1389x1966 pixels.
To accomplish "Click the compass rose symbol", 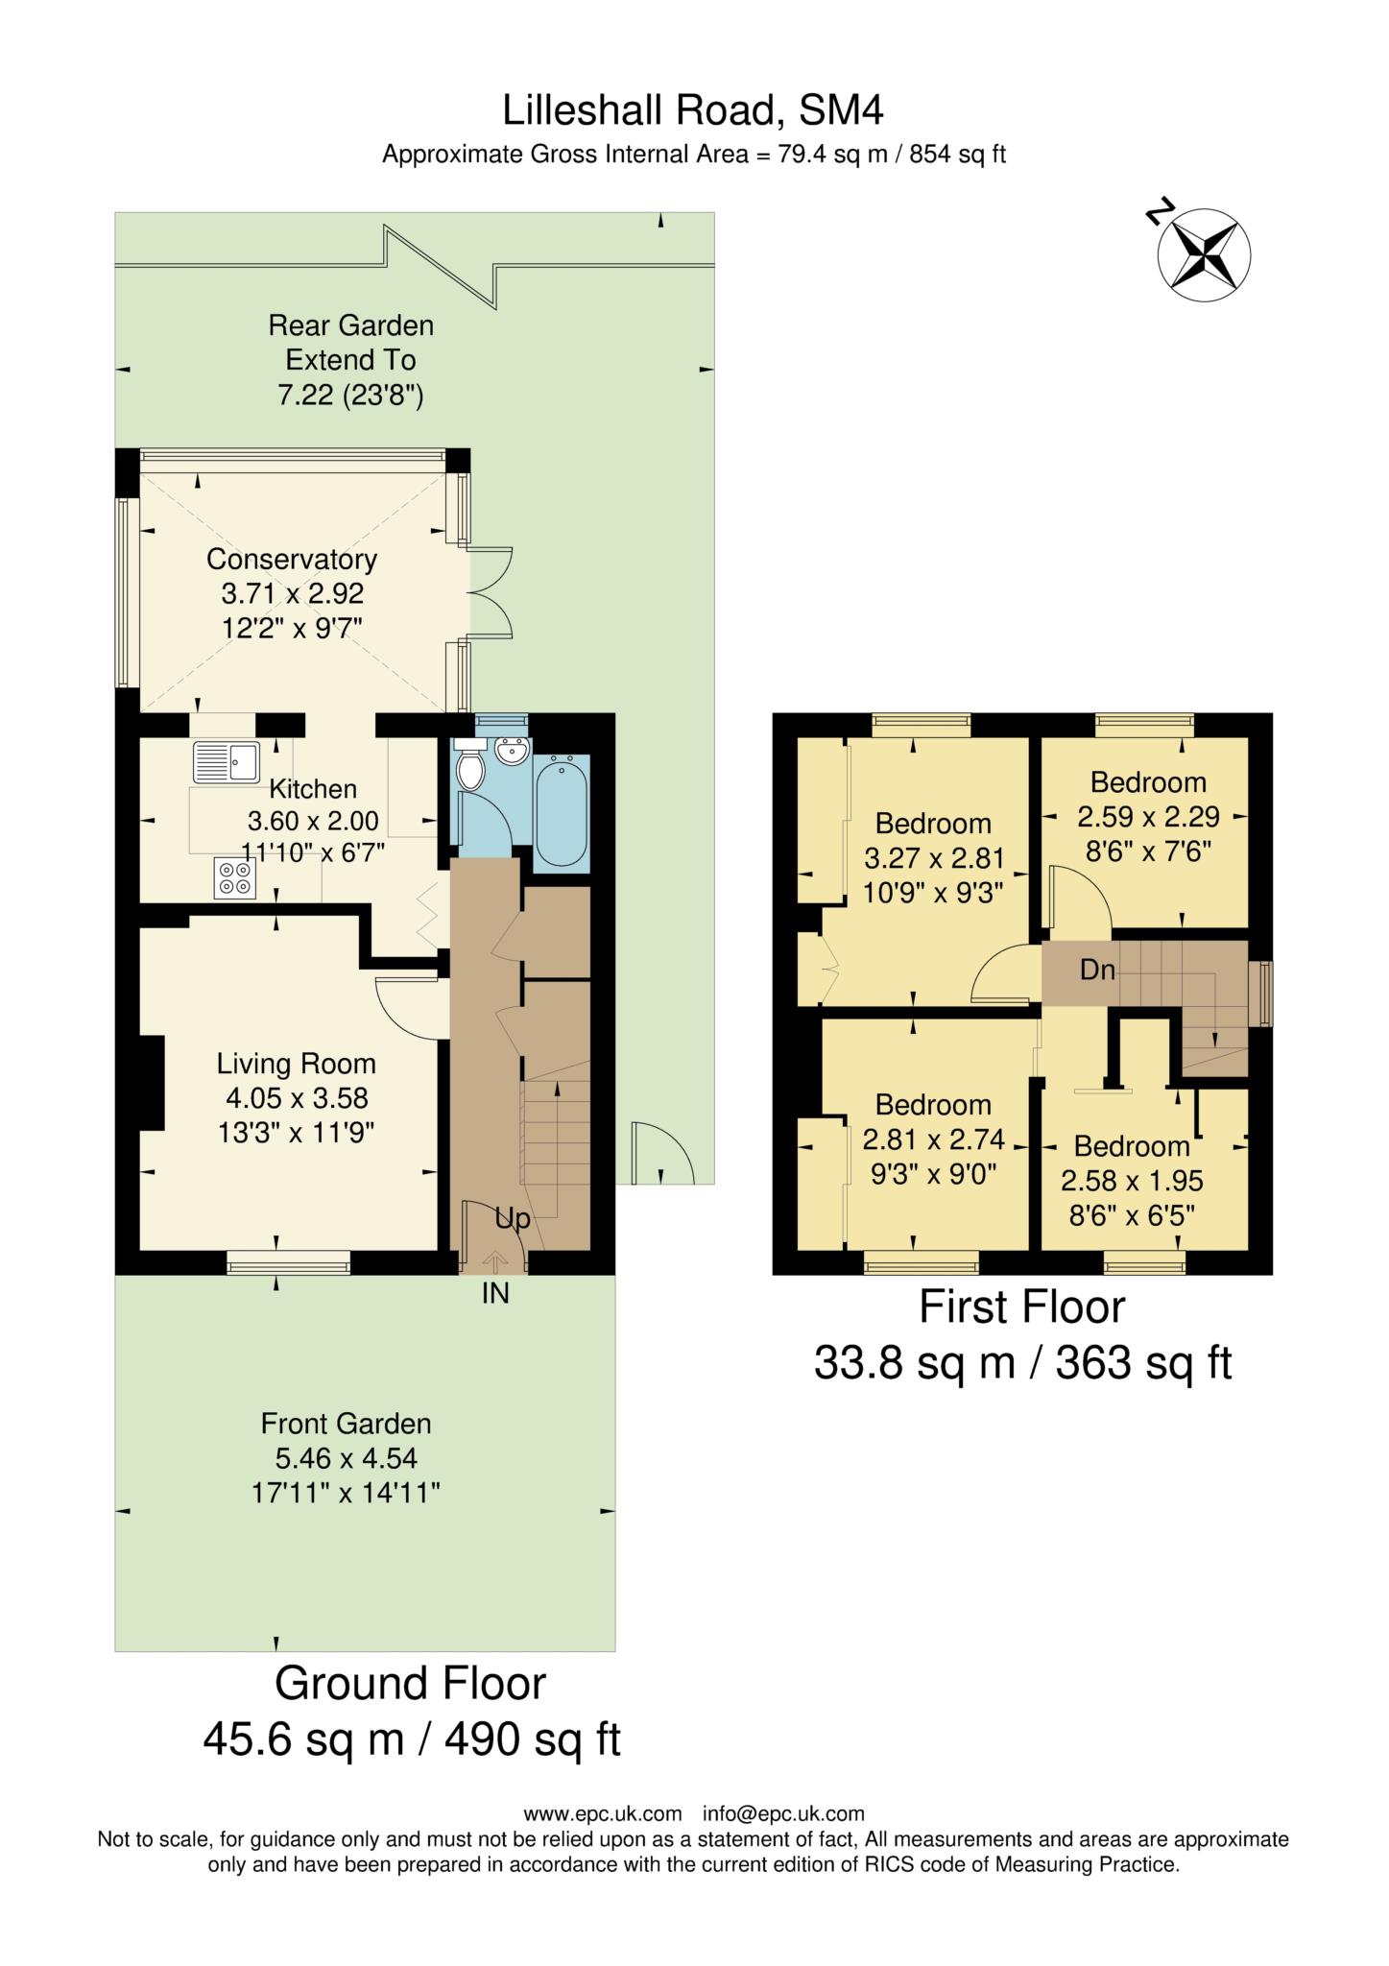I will point(1204,254).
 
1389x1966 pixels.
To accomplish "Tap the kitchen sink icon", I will point(226,763).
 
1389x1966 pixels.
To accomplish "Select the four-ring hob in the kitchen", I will point(235,877).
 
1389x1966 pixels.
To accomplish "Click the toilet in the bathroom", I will point(471,767).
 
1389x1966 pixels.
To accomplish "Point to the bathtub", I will point(562,811).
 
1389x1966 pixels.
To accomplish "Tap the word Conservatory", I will point(292,559).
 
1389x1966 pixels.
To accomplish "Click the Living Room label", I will point(296,1064).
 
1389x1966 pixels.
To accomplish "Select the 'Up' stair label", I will point(513,1219).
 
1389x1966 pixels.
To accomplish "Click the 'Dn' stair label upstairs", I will point(1097,970).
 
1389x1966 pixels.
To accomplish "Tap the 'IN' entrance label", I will point(495,1294).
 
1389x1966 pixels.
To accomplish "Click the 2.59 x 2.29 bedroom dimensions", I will point(1148,817).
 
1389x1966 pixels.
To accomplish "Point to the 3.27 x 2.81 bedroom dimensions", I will point(933,858).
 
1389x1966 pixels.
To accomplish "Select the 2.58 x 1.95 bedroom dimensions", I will point(1132,1181).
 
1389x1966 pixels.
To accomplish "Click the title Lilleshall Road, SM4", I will point(693,110).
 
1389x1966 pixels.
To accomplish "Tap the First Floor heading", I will point(1021,1307).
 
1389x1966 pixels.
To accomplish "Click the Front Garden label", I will point(346,1423).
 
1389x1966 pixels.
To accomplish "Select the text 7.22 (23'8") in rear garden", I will point(350,395).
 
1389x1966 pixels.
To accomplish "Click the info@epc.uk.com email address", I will point(783,1813).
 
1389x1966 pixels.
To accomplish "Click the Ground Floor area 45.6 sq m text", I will point(411,1738).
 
